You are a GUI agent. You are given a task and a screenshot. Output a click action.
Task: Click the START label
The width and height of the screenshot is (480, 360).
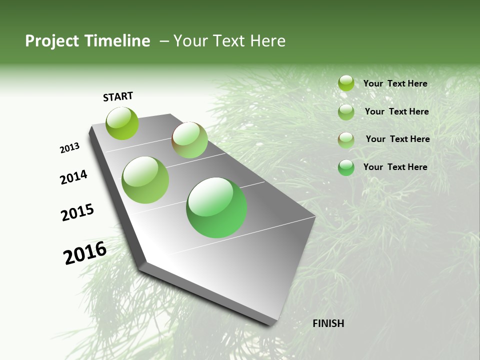(118, 96)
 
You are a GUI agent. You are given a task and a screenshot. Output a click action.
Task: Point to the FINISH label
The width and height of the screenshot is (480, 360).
(328, 323)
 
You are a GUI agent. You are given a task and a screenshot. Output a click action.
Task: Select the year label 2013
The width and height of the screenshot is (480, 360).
(69, 148)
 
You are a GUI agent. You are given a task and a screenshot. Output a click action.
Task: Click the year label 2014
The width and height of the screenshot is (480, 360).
(73, 177)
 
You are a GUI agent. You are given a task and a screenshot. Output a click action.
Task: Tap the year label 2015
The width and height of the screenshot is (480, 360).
(77, 212)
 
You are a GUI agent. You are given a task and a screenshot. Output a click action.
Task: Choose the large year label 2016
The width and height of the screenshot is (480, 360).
(84, 252)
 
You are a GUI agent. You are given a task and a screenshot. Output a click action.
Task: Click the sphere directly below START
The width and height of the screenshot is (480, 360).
(122, 123)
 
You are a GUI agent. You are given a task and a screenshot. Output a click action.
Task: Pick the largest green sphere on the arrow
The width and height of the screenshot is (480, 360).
(216, 207)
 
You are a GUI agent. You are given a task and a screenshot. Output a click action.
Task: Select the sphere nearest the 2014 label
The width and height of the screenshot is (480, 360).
(145, 180)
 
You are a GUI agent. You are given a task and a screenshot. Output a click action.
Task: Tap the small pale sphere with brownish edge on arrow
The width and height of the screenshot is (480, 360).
(189, 140)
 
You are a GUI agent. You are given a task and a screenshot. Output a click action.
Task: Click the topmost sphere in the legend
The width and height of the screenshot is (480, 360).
(346, 83)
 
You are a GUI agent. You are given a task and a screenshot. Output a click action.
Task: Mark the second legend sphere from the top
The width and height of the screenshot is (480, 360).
(346, 112)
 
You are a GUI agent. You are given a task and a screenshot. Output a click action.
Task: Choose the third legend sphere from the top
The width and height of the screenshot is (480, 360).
(346, 140)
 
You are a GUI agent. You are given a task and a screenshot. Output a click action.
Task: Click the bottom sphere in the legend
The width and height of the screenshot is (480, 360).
(346, 167)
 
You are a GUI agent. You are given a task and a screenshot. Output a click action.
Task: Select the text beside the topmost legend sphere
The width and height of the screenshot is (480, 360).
(395, 83)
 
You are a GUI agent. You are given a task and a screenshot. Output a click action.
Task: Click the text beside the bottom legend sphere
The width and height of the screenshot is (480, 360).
(395, 167)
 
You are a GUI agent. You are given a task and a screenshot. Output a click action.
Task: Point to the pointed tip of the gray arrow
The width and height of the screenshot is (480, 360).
(272, 324)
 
